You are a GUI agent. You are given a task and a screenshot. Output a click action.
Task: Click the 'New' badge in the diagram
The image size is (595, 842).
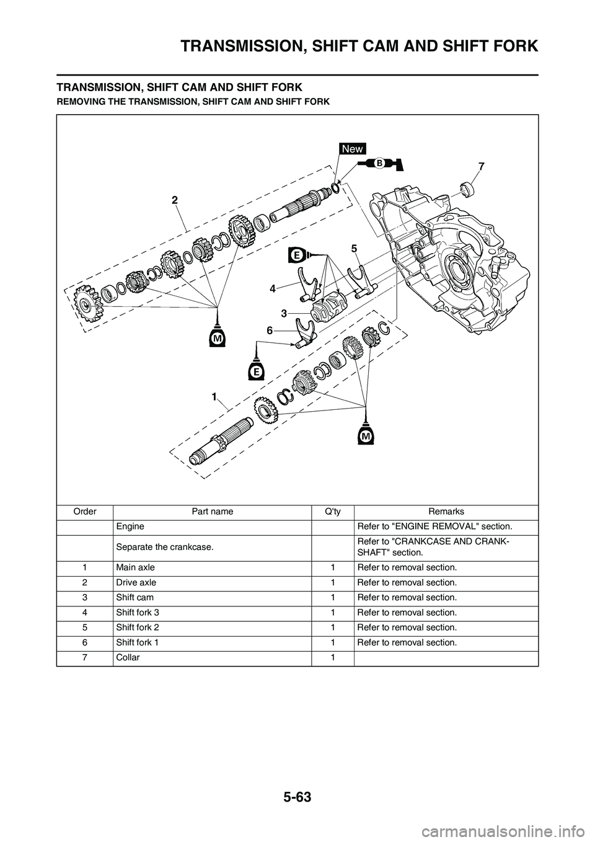(353, 149)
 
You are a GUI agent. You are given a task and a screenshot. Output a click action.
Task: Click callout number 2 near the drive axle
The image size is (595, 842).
(175, 200)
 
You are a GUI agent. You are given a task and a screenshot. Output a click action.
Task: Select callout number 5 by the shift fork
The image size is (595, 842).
(353, 248)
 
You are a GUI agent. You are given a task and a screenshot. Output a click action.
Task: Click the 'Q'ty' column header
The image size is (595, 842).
(332, 512)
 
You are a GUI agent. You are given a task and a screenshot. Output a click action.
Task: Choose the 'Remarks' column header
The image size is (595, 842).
(446, 512)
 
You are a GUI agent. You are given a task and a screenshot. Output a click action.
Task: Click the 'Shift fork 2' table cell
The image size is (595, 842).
(138, 627)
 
